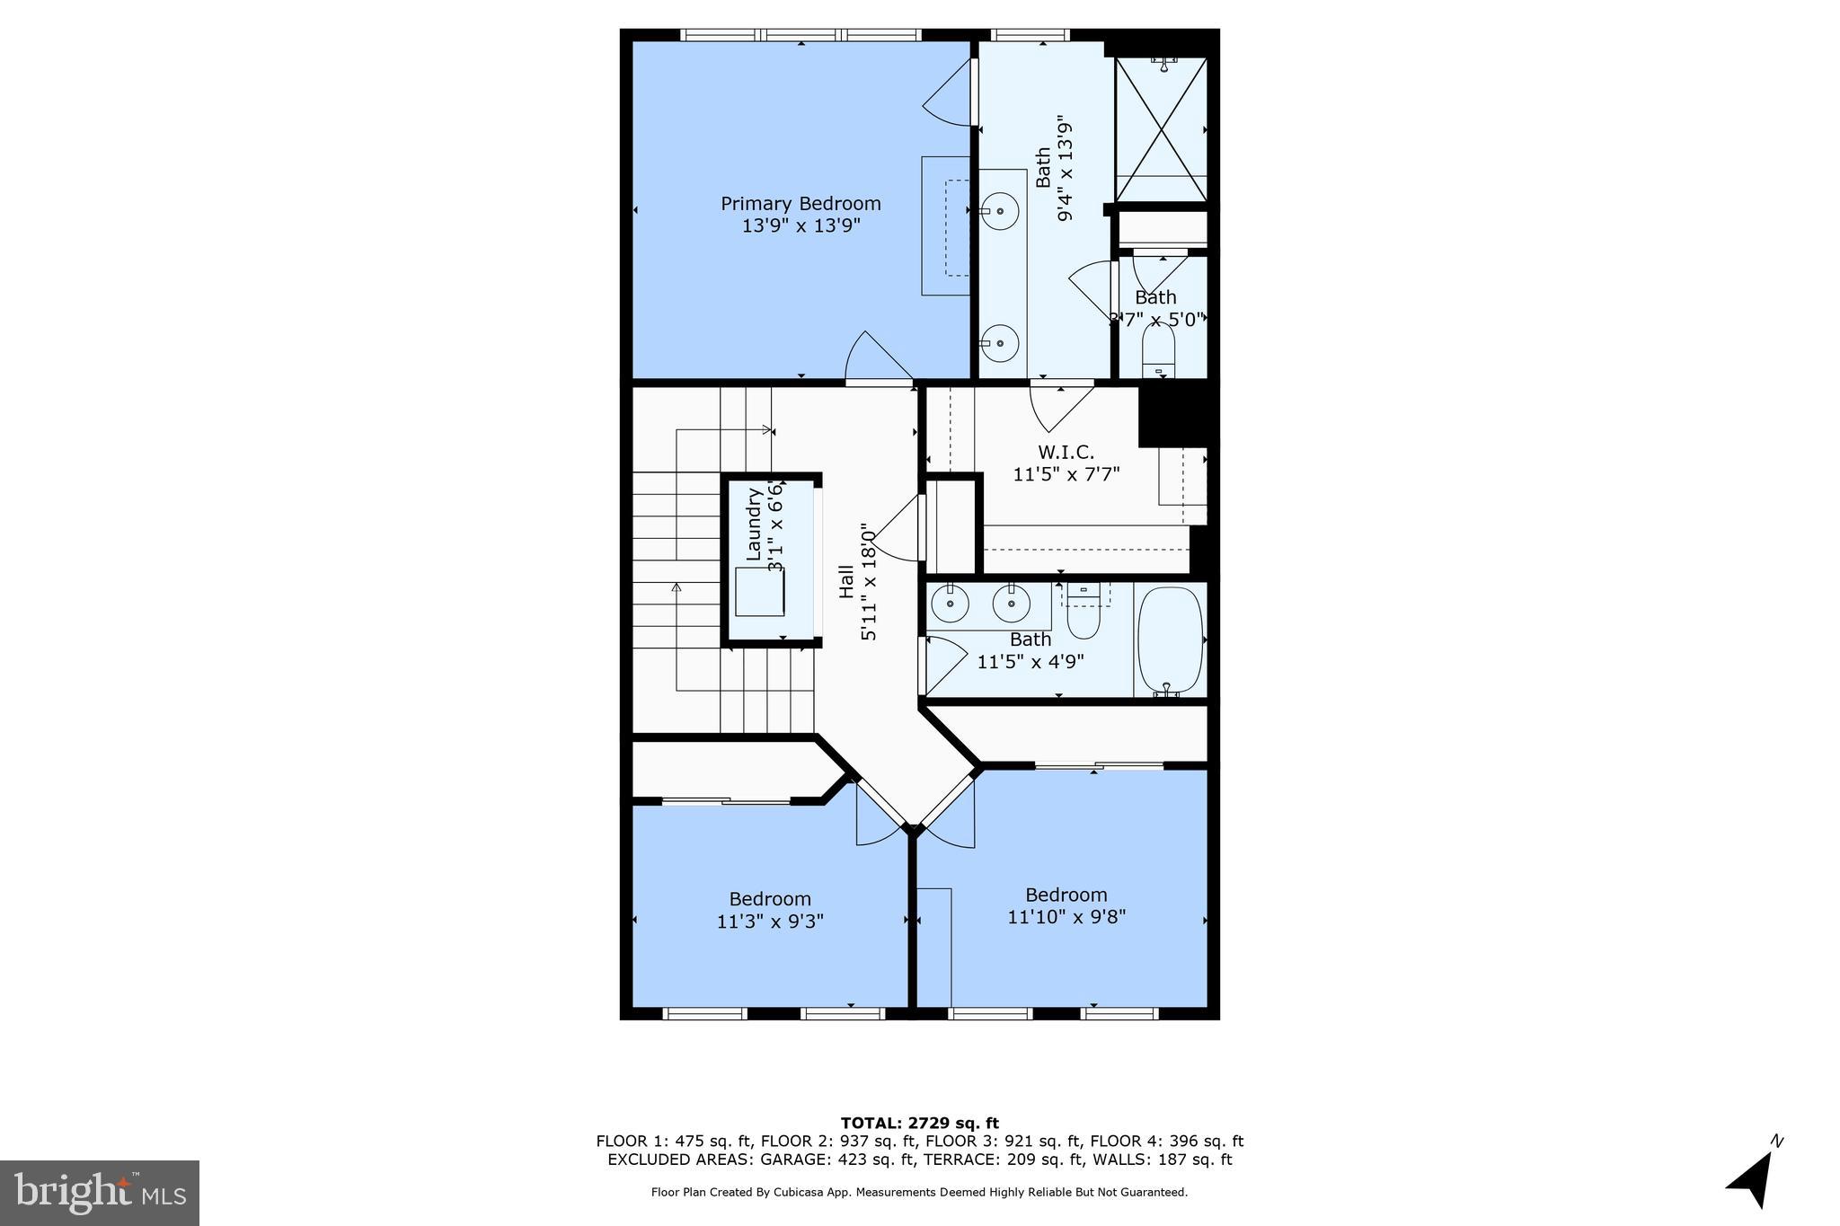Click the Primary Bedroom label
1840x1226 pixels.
pyautogui.click(x=801, y=204)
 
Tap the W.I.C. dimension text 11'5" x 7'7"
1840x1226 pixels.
pyautogui.click(x=1066, y=474)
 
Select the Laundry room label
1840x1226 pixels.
pyautogui.click(x=754, y=523)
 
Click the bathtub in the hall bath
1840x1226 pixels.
pyautogui.click(x=1170, y=639)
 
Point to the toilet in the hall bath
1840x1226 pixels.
pyautogui.click(x=1084, y=610)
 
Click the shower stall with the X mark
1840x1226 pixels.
pyautogui.click(x=1161, y=129)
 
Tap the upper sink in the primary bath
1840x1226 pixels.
pyautogui.click(x=1000, y=212)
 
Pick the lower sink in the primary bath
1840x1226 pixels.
pyautogui.click(x=999, y=342)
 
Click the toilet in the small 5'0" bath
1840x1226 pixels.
pyautogui.click(x=1158, y=351)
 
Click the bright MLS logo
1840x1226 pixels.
pyautogui.click(x=100, y=1193)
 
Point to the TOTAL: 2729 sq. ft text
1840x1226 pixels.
pyautogui.click(x=919, y=1123)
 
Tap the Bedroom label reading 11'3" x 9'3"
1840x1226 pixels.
pyautogui.click(x=770, y=921)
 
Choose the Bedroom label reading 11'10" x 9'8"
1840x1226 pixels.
pyautogui.click(x=1066, y=916)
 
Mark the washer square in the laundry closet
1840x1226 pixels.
pyautogui.click(x=759, y=591)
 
